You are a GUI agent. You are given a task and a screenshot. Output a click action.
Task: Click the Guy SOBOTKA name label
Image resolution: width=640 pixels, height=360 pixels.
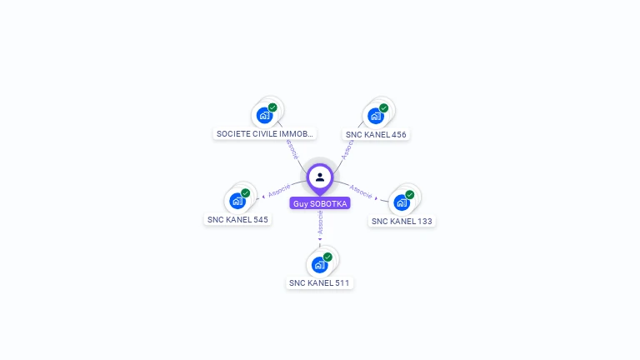320,203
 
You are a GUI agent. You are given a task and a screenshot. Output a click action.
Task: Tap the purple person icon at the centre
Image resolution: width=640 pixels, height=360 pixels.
320,177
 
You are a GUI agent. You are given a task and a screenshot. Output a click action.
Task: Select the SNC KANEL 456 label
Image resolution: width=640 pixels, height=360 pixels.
377,134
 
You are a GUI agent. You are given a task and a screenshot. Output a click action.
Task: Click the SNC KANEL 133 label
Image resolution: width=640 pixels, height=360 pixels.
402,221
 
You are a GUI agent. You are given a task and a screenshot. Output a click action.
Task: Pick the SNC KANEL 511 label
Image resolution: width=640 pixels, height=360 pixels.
320,282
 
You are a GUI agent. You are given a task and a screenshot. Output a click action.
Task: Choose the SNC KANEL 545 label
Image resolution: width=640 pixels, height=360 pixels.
237,219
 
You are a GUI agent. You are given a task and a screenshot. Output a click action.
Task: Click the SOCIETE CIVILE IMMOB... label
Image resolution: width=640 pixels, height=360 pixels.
265,133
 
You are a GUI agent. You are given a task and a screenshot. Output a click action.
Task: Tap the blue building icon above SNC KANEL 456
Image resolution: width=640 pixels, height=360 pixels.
376,116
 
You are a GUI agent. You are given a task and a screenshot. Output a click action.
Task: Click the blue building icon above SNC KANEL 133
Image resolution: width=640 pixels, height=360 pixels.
402,202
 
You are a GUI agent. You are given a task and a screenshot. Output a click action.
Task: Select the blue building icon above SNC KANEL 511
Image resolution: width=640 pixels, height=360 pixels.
319,265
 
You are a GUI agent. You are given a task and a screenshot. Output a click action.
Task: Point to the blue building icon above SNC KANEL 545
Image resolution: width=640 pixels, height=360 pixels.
237,201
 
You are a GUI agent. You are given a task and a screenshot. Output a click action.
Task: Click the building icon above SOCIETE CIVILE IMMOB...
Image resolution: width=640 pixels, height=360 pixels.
265,116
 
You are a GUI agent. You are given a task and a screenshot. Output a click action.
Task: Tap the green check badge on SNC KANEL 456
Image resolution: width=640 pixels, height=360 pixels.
384,107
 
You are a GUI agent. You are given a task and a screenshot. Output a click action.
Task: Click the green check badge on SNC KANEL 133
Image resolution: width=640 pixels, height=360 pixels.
410,194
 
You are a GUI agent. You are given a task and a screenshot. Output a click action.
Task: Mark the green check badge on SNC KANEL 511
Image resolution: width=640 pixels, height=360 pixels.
327,257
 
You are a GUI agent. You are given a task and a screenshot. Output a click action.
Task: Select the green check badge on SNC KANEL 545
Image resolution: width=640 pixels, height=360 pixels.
246,192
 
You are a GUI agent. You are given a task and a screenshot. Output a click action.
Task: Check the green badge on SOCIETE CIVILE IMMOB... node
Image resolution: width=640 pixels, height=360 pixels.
272,107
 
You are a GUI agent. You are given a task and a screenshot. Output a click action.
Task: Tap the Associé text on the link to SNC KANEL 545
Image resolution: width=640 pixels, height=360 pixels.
279,190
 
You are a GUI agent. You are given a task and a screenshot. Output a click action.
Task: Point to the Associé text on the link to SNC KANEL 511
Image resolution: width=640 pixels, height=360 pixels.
320,222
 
